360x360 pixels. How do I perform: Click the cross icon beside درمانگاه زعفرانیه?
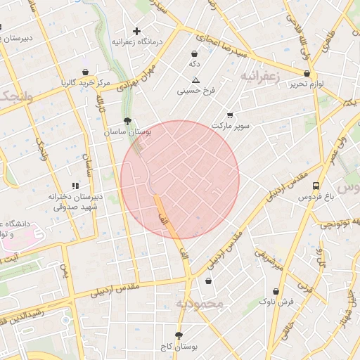136,31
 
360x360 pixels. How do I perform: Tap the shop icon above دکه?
194,53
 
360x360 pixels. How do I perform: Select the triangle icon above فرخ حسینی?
195,79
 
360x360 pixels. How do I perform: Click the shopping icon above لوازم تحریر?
307,73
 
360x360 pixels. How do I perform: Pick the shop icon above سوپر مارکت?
231,115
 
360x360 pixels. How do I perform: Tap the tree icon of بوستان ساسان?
127,121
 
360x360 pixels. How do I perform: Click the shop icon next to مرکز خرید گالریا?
85,72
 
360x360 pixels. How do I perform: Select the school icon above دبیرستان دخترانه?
75,186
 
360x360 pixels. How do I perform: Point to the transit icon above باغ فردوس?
316,186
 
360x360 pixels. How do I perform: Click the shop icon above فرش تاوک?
276,291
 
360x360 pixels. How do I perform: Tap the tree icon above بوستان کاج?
179,335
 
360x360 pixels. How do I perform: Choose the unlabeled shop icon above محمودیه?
208,281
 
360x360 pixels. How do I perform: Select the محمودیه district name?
199,304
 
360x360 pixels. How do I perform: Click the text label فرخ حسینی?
195,91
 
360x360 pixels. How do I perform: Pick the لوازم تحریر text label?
307,84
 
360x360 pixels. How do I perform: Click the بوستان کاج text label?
179,347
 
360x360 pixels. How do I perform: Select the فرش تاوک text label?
276,302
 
